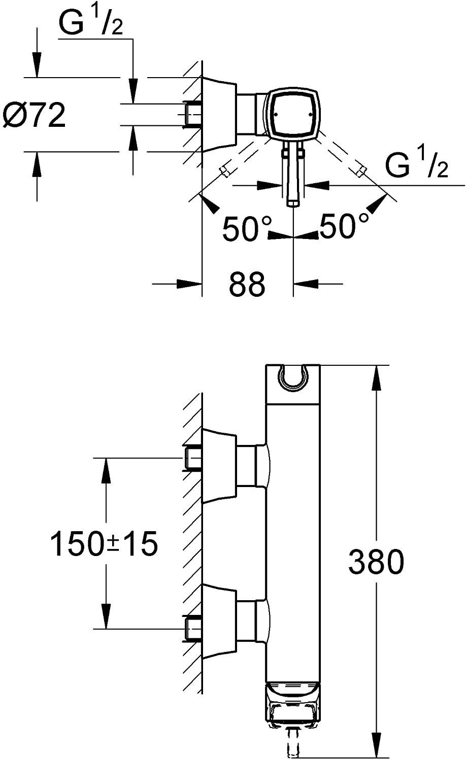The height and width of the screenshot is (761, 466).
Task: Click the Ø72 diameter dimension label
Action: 34,115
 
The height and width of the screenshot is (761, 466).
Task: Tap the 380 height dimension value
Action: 376,562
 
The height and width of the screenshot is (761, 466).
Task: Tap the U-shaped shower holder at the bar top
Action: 293,380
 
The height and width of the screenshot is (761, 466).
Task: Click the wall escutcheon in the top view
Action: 219,114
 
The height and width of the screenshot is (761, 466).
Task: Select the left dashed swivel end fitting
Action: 225,171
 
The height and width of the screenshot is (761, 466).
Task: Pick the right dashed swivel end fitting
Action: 361,171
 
